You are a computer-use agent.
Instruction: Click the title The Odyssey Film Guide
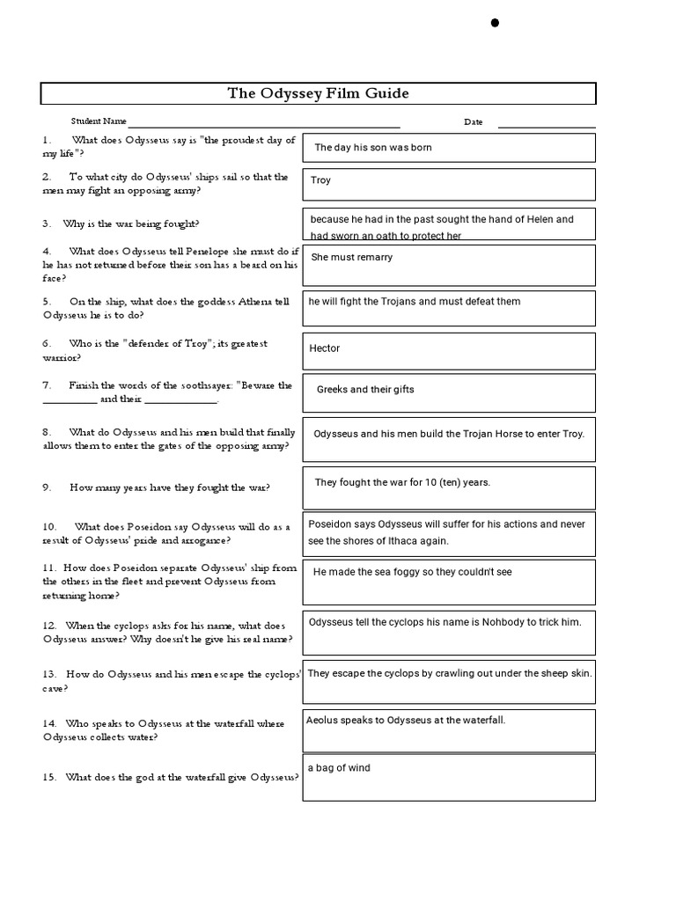pyautogui.click(x=319, y=93)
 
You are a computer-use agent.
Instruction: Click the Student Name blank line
pyautogui.click(x=264, y=127)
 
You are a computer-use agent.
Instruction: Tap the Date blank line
pyautogui.click(x=546, y=127)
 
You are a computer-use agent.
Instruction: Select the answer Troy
pyautogui.click(x=321, y=180)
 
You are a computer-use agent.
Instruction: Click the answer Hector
pyautogui.click(x=325, y=348)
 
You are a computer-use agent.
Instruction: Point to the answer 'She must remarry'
pyautogui.click(x=352, y=258)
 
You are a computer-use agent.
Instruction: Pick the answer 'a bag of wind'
pyautogui.click(x=339, y=768)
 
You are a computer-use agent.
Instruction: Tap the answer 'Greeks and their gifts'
pyautogui.click(x=365, y=390)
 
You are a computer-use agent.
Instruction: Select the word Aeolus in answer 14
pyautogui.click(x=322, y=721)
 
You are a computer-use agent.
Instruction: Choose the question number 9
pyautogui.click(x=45, y=487)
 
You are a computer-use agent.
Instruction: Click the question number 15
pyautogui.click(x=48, y=777)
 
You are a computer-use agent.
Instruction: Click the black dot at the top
pyautogui.click(x=495, y=23)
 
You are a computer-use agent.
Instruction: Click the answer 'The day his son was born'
pyautogui.click(x=373, y=148)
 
